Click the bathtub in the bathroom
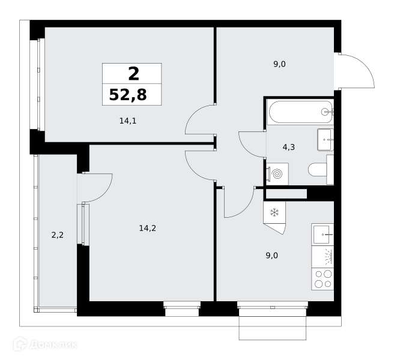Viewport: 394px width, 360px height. (x=300, y=112)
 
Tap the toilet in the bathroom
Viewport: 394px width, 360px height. (x=321, y=170)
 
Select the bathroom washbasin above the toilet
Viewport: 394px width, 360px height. (x=326, y=140)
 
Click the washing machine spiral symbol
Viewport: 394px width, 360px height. (x=277, y=174)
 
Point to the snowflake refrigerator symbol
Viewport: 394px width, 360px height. (x=274, y=212)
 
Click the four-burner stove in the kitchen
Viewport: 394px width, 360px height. (x=323, y=279)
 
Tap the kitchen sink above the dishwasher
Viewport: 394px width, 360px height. (x=323, y=235)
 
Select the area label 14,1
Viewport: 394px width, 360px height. (x=128, y=121)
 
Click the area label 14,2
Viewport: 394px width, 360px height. (x=148, y=228)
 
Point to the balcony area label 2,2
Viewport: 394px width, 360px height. (x=57, y=235)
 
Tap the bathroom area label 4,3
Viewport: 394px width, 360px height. (x=289, y=147)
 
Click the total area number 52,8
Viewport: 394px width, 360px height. (x=128, y=95)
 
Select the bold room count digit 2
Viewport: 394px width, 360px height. (x=133, y=74)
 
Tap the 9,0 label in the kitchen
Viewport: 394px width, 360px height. (x=272, y=256)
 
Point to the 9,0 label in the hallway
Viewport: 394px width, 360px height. (x=279, y=64)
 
